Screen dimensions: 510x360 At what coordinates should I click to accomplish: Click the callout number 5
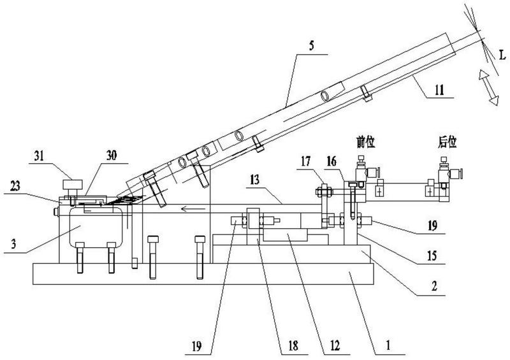(x=311, y=46)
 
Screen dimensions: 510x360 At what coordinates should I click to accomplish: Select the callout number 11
(x=439, y=90)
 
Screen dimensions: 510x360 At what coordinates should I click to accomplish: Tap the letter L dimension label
(x=502, y=55)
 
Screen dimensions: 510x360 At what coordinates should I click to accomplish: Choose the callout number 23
(x=15, y=185)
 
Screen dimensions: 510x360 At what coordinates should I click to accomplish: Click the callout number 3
(x=13, y=243)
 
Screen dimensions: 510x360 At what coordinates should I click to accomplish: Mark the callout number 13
(x=254, y=180)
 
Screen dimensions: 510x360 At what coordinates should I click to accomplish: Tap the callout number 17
(x=305, y=161)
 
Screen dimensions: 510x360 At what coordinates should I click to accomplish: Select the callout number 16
(x=331, y=161)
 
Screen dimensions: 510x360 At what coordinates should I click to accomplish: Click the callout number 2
(x=434, y=287)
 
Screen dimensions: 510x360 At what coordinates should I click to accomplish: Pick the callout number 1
(x=388, y=345)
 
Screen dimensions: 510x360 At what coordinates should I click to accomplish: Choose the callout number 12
(x=335, y=345)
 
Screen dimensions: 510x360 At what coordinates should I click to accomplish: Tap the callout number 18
(x=293, y=346)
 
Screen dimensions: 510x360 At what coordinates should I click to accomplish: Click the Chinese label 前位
(x=366, y=143)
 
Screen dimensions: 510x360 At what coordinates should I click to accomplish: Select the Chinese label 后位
(x=448, y=143)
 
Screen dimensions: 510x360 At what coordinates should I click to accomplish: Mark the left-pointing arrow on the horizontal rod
(x=193, y=208)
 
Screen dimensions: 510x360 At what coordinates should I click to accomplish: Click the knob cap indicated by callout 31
(x=73, y=184)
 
